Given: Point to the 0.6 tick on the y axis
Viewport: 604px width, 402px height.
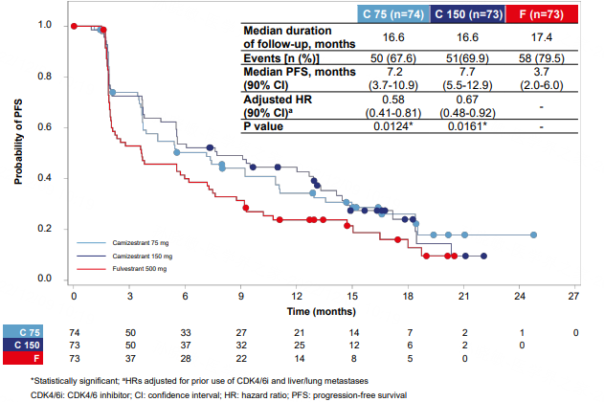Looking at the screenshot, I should (x=55, y=127).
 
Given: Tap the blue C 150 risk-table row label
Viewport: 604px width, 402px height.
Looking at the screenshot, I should (x=24, y=345).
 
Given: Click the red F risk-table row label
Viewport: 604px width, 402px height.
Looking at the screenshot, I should (x=24, y=358).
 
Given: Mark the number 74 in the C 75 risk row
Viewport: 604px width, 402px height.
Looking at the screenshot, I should (x=74, y=331).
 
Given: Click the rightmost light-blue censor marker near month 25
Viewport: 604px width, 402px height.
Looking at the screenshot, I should (x=534, y=234).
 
